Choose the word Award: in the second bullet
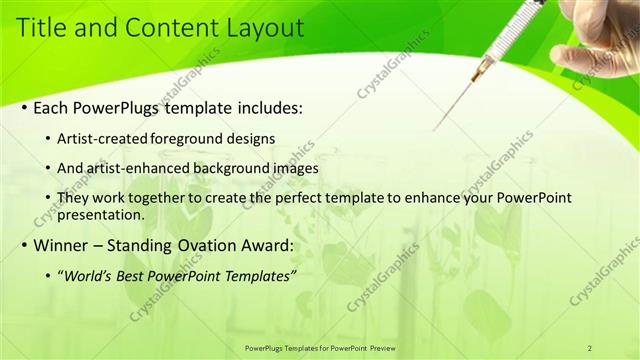pyautogui.click(x=263, y=245)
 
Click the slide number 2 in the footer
pyautogui.click(x=590, y=347)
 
